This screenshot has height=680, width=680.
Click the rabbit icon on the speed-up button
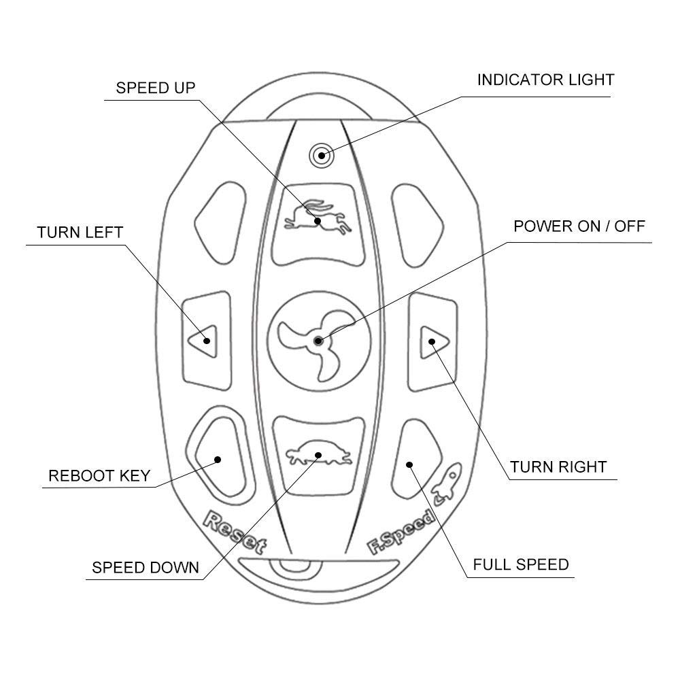point(318,217)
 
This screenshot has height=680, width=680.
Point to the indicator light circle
point(322,155)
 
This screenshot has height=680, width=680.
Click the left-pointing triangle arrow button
point(203,341)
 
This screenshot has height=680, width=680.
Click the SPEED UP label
point(156,88)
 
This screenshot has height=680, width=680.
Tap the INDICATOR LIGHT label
point(545,80)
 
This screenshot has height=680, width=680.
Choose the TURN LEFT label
point(80,233)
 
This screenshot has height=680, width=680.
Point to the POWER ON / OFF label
point(579,226)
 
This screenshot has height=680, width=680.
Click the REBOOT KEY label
point(99,476)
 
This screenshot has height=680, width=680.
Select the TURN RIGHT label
point(558,467)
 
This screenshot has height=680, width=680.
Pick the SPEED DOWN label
point(146,568)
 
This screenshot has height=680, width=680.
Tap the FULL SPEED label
point(521,564)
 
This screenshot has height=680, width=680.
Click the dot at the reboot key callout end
point(218,460)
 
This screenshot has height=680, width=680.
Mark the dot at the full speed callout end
point(409,465)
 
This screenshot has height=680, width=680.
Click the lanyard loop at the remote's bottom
point(295,573)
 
